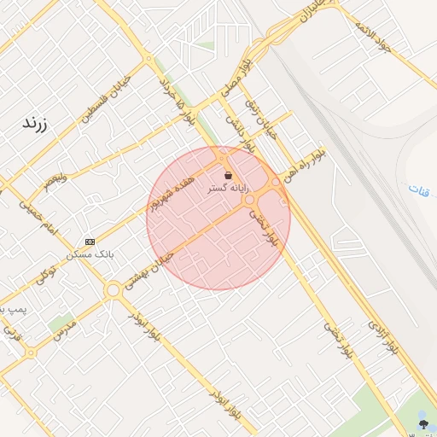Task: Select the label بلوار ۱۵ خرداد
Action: tap(178, 103)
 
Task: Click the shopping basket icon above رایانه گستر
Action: tap(228, 175)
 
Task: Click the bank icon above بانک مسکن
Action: tap(90, 242)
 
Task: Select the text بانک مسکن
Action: tap(90, 254)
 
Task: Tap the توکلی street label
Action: tap(46, 275)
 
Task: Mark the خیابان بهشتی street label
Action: tap(149, 271)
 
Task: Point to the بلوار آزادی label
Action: tap(384, 337)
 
